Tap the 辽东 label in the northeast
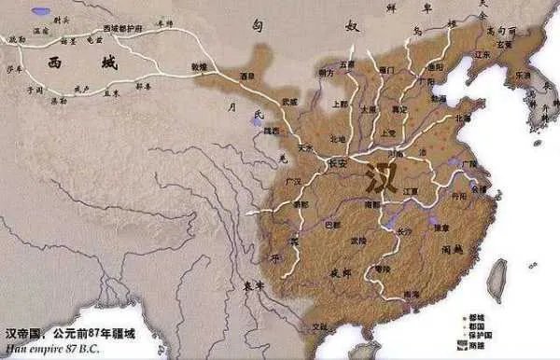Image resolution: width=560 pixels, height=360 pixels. [x=483, y=55]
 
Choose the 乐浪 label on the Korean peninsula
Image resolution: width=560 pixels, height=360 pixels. [x=519, y=73]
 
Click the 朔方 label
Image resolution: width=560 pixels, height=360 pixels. [x=326, y=72]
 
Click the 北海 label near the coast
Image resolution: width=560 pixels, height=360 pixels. [x=462, y=118]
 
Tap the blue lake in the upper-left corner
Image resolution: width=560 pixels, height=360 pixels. [x=42, y=12]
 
